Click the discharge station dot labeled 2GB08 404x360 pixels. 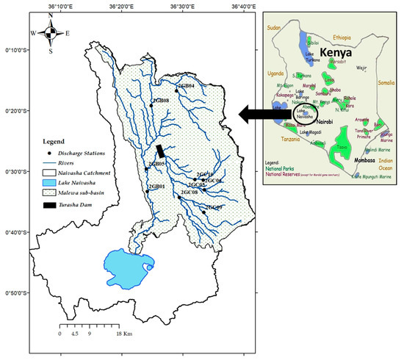click(151, 105)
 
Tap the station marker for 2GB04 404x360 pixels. click(176, 91)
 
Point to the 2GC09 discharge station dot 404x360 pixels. click(203, 212)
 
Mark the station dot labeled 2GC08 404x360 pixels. click(179, 197)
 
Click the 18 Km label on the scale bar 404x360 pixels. click(122, 333)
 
